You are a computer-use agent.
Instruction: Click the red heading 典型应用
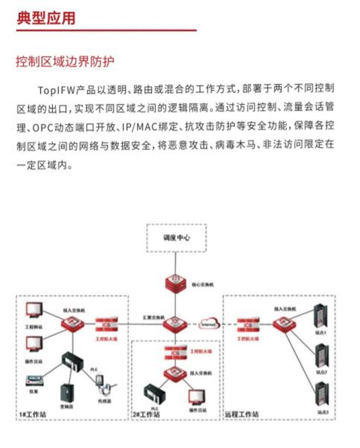(x=46, y=18)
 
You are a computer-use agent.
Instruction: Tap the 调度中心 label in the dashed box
(x=176, y=237)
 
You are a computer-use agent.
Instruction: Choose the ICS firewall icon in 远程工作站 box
(x=248, y=325)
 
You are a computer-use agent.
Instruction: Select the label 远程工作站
(x=241, y=414)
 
